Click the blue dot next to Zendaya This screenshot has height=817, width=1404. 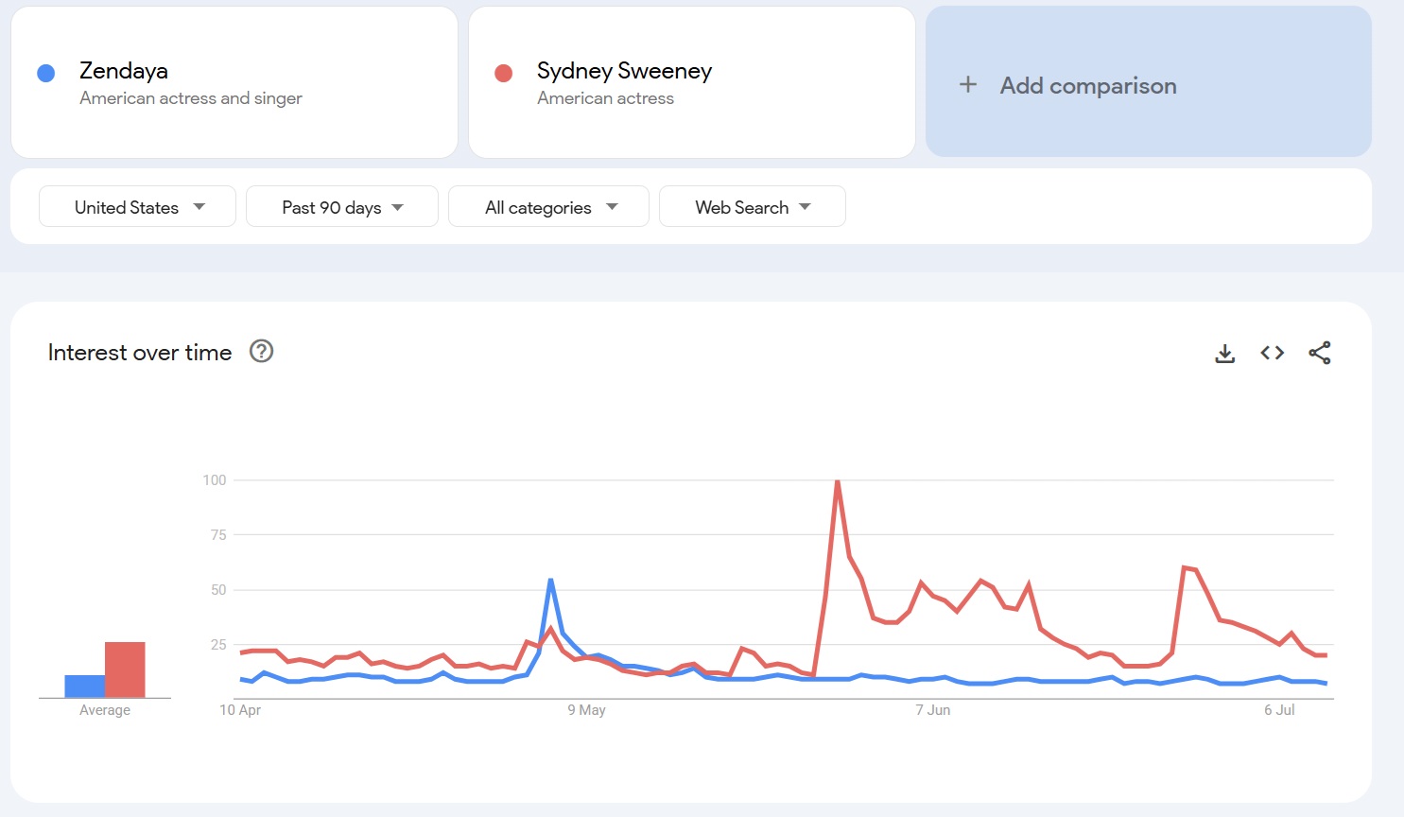click(x=45, y=74)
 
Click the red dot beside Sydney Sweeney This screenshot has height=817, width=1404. click(x=503, y=74)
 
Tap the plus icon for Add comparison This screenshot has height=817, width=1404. click(x=968, y=85)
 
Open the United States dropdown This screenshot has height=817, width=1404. click(x=137, y=207)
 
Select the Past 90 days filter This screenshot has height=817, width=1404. click(x=342, y=207)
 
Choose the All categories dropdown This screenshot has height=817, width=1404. click(x=548, y=207)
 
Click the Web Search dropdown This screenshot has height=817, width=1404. click(x=752, y=207)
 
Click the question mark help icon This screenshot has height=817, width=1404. click(x=261, y=352)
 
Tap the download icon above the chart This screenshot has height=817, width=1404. click(x=1224, y=354)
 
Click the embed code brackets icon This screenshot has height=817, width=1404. click(x=1272, y=353)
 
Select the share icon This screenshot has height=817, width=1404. click(x=1320, y=353)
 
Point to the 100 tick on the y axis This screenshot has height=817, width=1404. click(x=215, y=480)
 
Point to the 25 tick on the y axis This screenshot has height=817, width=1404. click(x=218, y=645)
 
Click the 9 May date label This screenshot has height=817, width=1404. click(x=586, y=710)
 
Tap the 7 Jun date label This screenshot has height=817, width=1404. click(x=932, y=710)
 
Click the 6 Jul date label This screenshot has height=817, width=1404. click(x=1279, y=710)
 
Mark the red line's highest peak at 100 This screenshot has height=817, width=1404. click(x=837, y=481)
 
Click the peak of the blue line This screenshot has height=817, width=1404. click(x=550, y=581)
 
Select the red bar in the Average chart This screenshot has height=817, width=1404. click(x=125, y=669)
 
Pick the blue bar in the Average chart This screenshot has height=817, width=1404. click(x=84, y=687)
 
